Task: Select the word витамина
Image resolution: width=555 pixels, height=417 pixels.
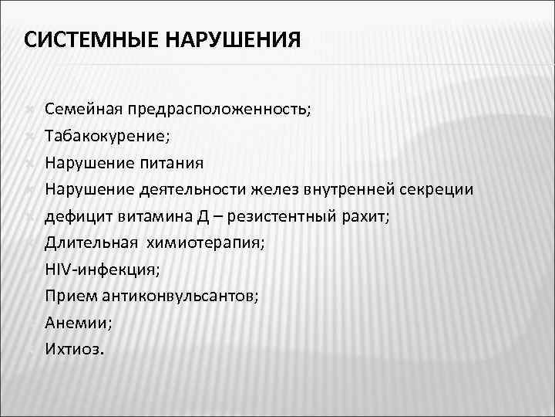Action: [144, 216]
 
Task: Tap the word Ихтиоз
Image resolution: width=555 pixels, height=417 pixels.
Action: [72, 350]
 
